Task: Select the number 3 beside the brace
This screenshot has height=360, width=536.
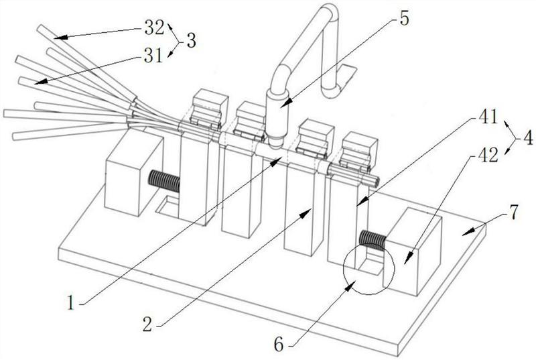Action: click(x=191, y=41)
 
